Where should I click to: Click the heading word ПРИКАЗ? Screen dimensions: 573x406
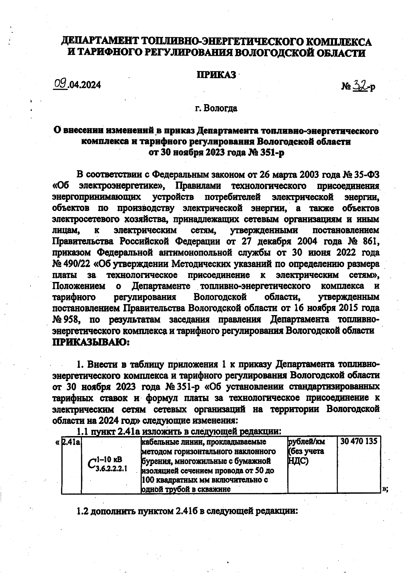[217, 75]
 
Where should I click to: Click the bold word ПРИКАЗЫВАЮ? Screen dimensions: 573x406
[91, 342]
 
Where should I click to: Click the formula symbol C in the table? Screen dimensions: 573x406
[91, 464]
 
